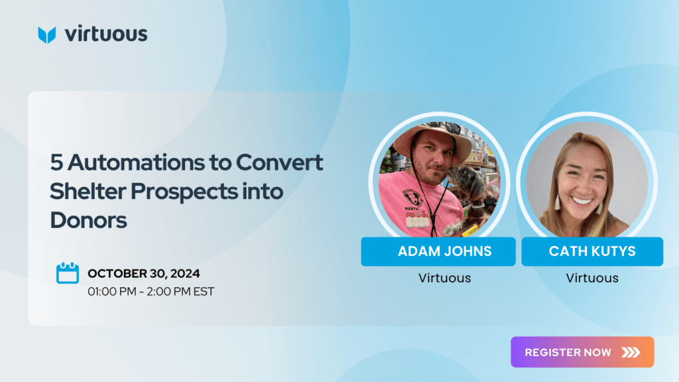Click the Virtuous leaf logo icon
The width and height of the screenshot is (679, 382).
[47, 35]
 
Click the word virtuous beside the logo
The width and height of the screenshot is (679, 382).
[106, 34]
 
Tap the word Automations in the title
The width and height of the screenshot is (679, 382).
[136, 162]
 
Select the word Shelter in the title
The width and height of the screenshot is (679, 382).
[88, 191]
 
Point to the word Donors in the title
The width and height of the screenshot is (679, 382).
[88, 220]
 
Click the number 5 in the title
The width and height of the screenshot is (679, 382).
[56, 163]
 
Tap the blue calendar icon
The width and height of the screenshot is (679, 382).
[68, 273]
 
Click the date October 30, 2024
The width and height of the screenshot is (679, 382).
[144, 274]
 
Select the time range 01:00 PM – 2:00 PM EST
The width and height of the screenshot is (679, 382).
[151, 292]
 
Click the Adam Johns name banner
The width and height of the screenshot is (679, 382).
[438, 251]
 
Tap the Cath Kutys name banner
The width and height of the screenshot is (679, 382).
[592, 251]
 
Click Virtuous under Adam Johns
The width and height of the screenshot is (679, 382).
[445, 278]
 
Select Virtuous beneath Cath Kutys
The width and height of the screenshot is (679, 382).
[592, 278]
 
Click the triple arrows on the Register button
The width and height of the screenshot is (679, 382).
[631, 352]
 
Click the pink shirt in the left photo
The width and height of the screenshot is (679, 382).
[411, 204]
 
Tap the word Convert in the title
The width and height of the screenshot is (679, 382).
[279, 162]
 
